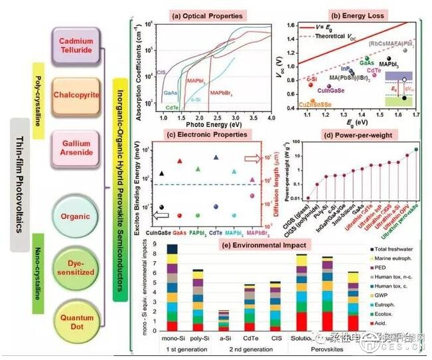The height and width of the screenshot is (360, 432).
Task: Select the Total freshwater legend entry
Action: [398, 247]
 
